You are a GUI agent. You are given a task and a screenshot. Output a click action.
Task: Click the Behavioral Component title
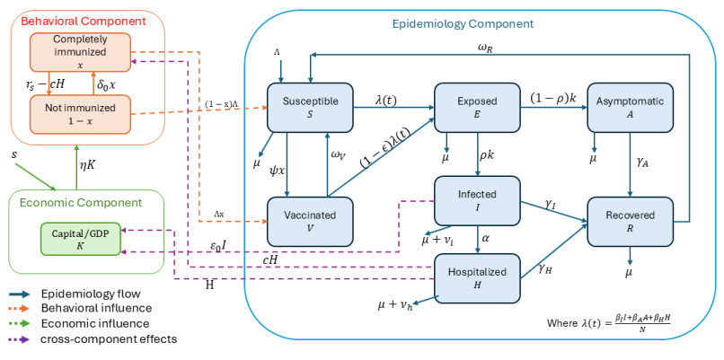point(71,19)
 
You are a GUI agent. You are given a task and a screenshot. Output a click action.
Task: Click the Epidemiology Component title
point(477,22)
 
